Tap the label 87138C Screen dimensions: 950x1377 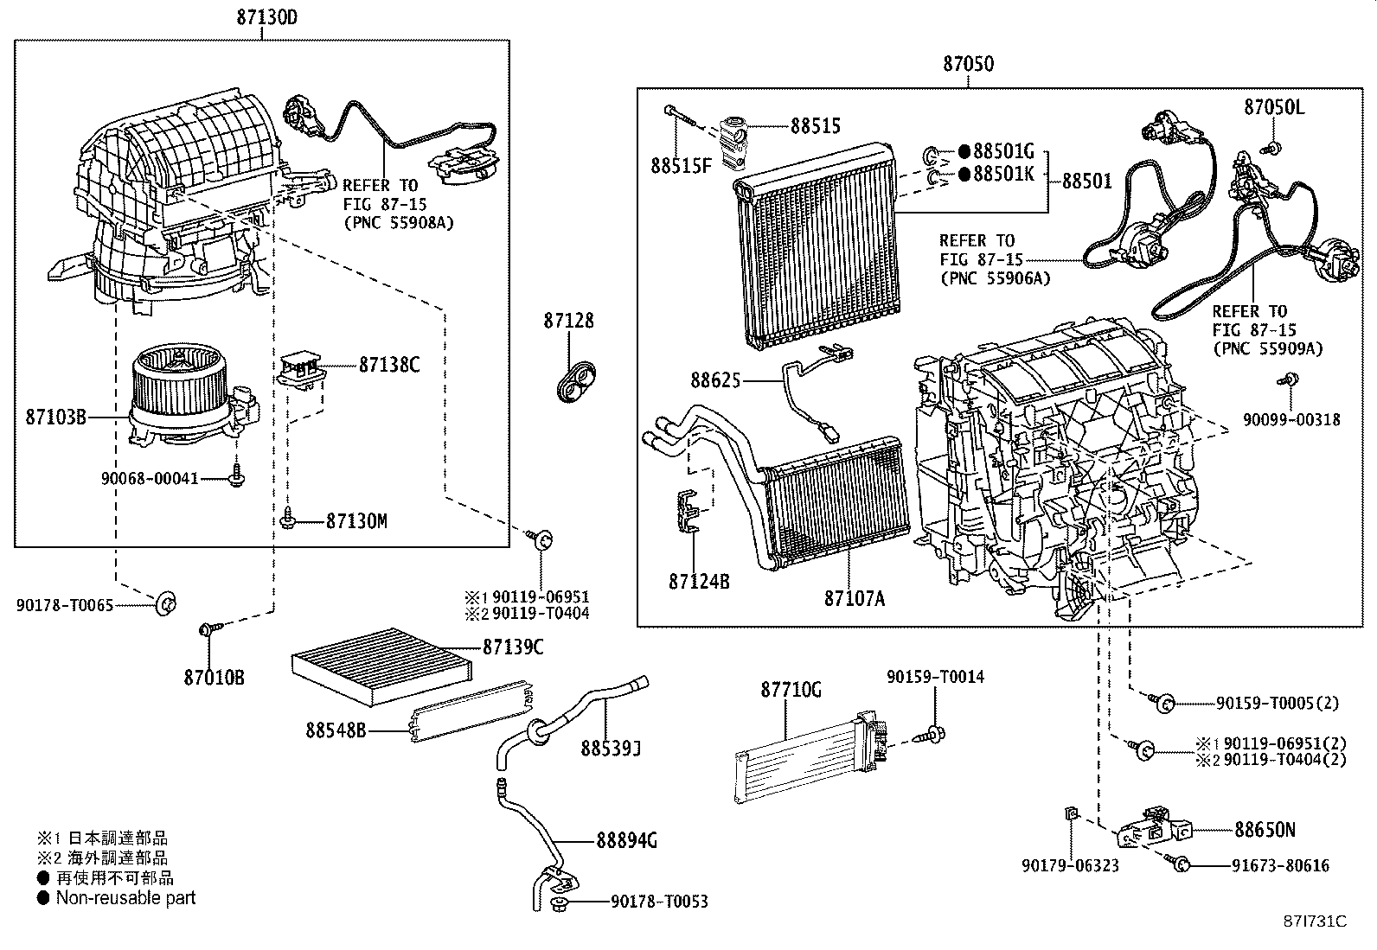pyautogui.click(x=389, y=365)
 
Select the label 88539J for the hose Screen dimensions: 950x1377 pyautogui.click(x=610, y=748)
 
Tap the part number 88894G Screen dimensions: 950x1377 pyautogui.click(x=626, y=839)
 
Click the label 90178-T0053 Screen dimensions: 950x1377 pyautogui.click(x=659, y=902)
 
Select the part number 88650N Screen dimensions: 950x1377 pyautogui.click(x=1264, y=830)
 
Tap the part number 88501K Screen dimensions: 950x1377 pyautogui.click(x=1002, y=174)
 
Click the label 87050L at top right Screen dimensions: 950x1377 pyautogui.click(x=1274, y=107)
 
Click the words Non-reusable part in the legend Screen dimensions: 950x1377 pyautogui.click(x=125, y=898)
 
